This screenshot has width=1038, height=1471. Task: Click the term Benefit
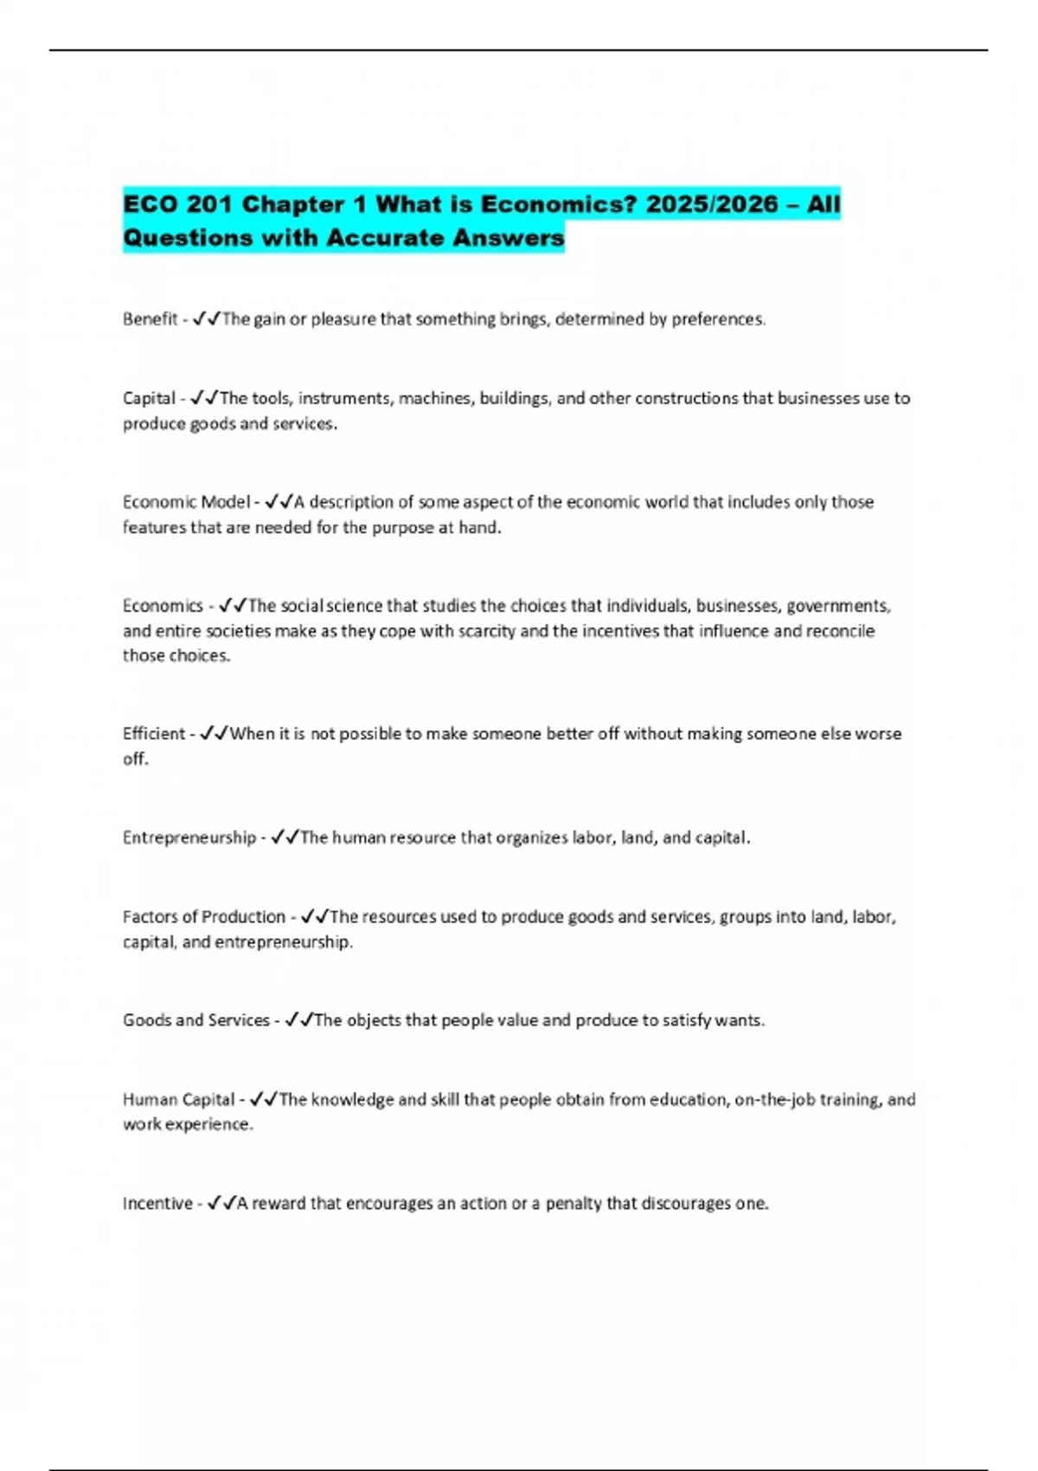(150, 319)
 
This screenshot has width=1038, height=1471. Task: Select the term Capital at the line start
(149, 399)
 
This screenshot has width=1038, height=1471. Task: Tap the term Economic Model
(186, 503)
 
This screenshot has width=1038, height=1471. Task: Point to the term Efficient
(153, 734)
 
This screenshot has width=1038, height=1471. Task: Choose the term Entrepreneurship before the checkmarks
(189, 838)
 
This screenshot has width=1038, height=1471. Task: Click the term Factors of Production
(203, 917)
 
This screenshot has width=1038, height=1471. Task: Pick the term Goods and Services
(195, 1021)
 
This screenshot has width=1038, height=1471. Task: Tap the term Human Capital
(178, 1100)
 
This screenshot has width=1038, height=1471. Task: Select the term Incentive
(157, 1204)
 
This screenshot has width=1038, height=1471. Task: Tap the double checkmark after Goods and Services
(298, 1021)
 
